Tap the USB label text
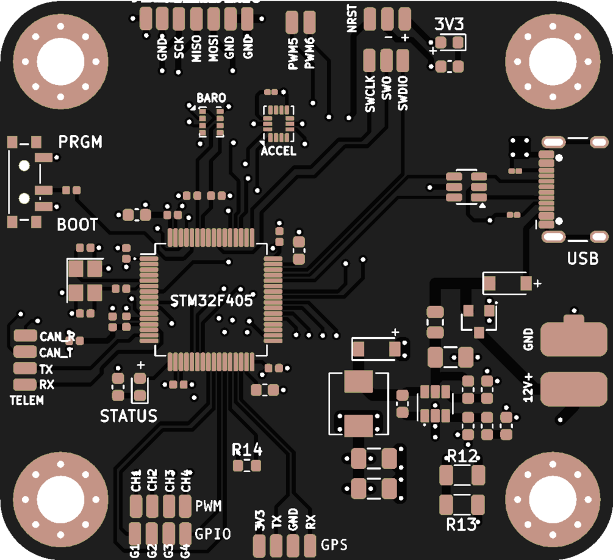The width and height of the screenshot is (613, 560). (583, 258)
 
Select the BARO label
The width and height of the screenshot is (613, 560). (211, 98)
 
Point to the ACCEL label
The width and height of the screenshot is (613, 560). (278, 151)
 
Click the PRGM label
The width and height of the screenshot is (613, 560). (81, 142)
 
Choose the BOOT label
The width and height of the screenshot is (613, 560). (77, 225)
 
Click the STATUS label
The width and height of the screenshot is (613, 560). (129, 416)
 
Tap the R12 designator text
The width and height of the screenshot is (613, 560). (462, 456)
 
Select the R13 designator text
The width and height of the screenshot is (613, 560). (461, 524)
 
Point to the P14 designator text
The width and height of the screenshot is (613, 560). (247, 451)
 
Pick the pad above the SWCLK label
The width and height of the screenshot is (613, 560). (370, 61)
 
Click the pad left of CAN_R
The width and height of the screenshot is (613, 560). (26, 336)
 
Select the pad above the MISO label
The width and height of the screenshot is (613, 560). (196, 20)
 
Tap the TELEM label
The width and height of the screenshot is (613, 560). (27, 401)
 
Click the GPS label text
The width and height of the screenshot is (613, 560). (334, 544)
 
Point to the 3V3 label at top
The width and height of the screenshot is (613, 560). (450, 24)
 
